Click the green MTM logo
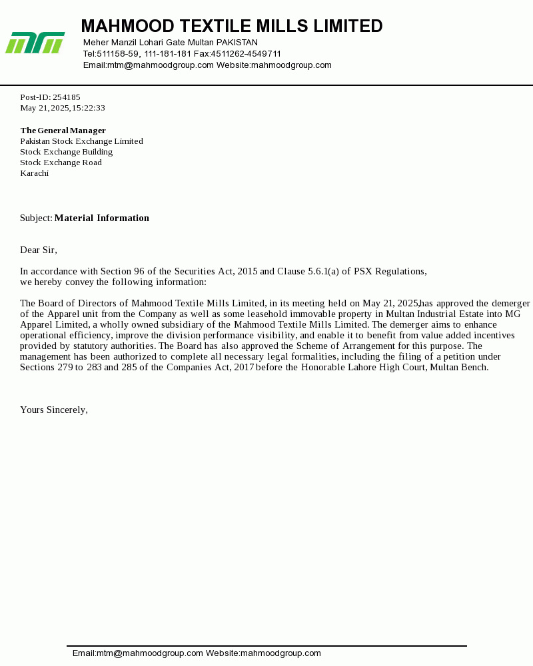tap(35, 43)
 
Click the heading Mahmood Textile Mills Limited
tap(232, 27)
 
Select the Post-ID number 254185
tap(67, 97)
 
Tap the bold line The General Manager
tap(63, 131)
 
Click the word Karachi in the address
tap(34, 173)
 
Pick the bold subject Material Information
tap(102, 218)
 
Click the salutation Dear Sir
tap(38, 250)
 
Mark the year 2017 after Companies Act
tap(244, 367)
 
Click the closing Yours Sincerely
tap(53, 410)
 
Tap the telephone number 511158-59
tap(118, 54)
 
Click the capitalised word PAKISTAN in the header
tap(237, 43)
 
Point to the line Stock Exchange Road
tap(61, 163)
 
